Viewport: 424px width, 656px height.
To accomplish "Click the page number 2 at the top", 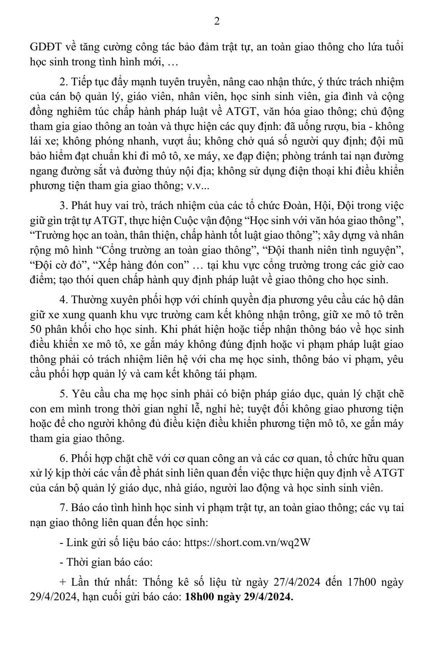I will coord(217,22).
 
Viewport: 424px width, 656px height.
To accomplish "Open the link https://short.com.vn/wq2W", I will coord(247,543).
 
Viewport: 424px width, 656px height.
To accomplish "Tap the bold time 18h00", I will coord(199,598).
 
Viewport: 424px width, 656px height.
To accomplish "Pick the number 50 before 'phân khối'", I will coord(35,330).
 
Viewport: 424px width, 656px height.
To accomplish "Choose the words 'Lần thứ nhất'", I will coord(101,583).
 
